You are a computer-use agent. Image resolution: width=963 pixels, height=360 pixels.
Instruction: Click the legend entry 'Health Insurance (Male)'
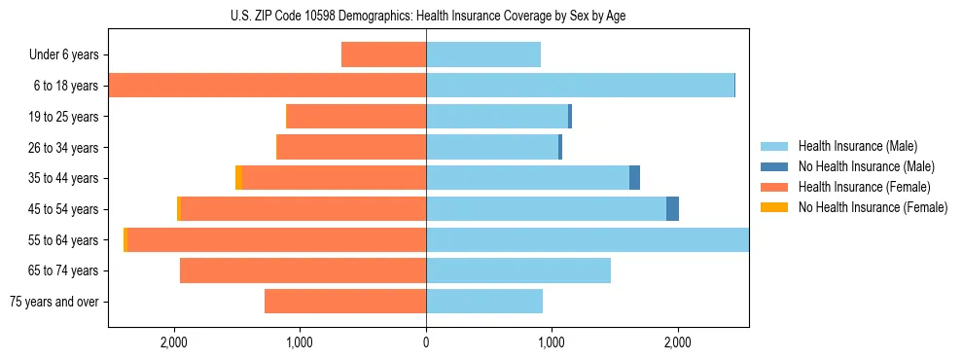[858, 146]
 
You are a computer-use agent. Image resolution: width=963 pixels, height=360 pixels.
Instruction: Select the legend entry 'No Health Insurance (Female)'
[872, 207]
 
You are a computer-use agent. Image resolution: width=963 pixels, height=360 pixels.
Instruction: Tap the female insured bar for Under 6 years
[383, 54]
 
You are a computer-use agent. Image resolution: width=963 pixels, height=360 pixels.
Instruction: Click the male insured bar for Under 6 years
[482, 54]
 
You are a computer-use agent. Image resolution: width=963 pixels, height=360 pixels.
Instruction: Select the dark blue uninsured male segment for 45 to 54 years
[672, 209]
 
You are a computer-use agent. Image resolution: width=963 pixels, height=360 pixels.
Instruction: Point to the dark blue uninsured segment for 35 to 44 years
[634, 178]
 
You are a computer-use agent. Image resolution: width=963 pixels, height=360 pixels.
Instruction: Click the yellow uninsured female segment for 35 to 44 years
[239, 178]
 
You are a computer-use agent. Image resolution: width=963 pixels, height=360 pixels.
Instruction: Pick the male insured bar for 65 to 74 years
[517, 270]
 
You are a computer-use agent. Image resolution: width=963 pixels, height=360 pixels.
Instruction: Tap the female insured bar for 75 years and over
[345, 302]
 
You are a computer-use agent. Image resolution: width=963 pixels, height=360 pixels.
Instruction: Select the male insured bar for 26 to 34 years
[492, 147]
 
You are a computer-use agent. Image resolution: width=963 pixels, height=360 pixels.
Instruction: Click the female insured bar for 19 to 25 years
[356, 117]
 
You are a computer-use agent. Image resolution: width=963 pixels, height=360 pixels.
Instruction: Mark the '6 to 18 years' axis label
[65, 86]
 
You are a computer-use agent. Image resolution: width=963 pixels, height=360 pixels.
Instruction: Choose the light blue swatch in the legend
[774, 146]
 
